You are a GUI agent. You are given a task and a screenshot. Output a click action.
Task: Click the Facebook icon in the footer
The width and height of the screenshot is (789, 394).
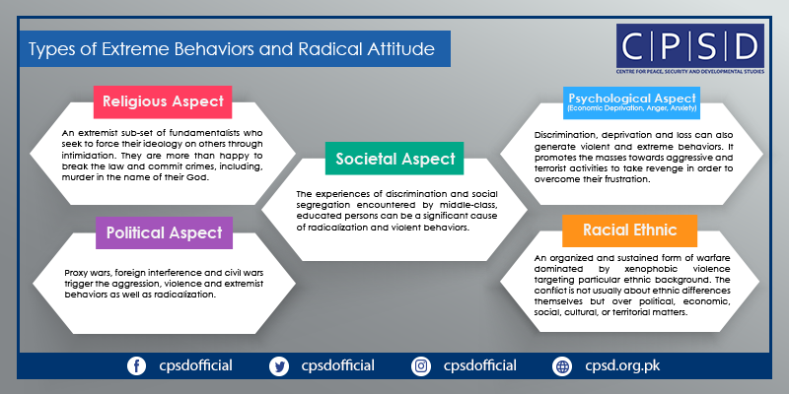coord(136,365)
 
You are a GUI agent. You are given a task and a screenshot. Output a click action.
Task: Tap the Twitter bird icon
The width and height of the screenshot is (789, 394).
coord(279,365)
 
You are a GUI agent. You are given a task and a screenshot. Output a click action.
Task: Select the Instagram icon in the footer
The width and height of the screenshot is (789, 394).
coord(421,365)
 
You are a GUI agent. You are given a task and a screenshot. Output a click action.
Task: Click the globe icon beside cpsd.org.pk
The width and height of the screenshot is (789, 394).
coord(562,365)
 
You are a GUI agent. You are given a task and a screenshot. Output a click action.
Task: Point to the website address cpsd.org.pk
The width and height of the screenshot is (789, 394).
coord(622,365)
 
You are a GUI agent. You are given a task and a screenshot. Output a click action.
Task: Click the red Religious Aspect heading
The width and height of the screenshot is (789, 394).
coord(163,101)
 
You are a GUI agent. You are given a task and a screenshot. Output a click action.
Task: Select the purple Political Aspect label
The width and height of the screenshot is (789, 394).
coord(164,232)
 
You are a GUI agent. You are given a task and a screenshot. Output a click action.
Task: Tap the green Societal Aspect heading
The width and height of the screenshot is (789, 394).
coord(394,159)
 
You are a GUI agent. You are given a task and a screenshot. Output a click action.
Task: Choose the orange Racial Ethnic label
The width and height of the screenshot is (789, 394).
coord(629,230)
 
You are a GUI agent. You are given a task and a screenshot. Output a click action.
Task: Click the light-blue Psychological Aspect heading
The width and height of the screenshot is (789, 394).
coord(632,102)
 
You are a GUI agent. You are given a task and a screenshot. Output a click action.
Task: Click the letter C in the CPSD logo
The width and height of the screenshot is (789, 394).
coord(637,46)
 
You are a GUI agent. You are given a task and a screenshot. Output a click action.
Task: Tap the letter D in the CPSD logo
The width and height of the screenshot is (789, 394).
coord(744,46)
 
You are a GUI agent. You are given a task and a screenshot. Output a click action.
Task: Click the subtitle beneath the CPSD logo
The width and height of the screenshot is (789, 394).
coord(689,72)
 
